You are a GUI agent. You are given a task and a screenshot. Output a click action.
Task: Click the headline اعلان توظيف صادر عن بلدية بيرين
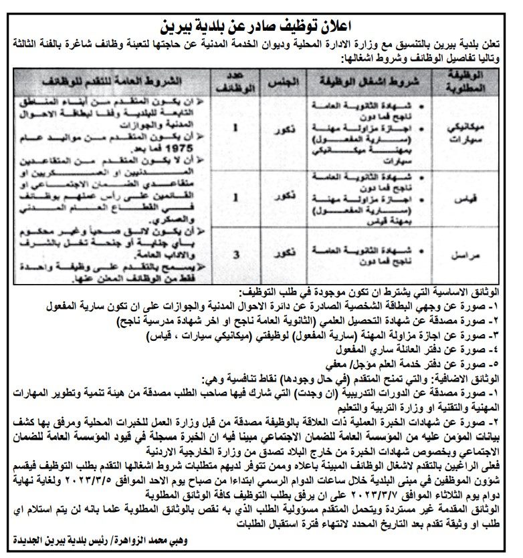coord(261,28)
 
